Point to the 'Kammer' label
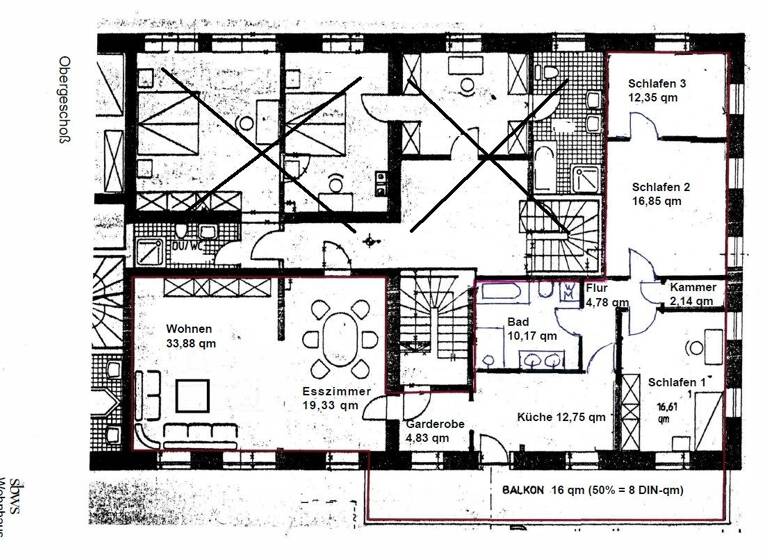692,286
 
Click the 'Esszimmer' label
336,392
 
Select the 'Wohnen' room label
189,329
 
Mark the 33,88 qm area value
191,344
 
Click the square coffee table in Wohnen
193,397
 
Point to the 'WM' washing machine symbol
568,291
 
